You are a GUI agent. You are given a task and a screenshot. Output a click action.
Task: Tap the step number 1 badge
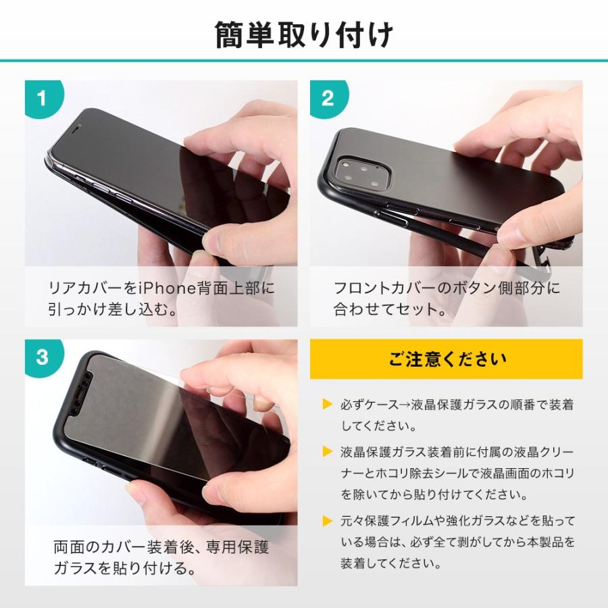pos(42,99)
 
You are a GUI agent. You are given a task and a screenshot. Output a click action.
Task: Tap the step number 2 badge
pos(328,99)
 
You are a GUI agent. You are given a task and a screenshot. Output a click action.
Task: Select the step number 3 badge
pos(42,357)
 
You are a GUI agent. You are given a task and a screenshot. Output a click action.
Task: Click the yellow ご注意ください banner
pos(446,359)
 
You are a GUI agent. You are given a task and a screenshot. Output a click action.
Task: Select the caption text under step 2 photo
pos(446,299)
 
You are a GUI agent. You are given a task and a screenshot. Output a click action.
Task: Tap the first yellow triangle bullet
pos(328,405)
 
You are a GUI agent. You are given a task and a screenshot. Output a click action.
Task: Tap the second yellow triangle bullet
pos(328,451)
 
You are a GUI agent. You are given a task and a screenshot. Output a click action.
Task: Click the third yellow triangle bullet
pos(328,520)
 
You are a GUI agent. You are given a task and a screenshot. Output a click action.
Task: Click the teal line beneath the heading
pos(304,61)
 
